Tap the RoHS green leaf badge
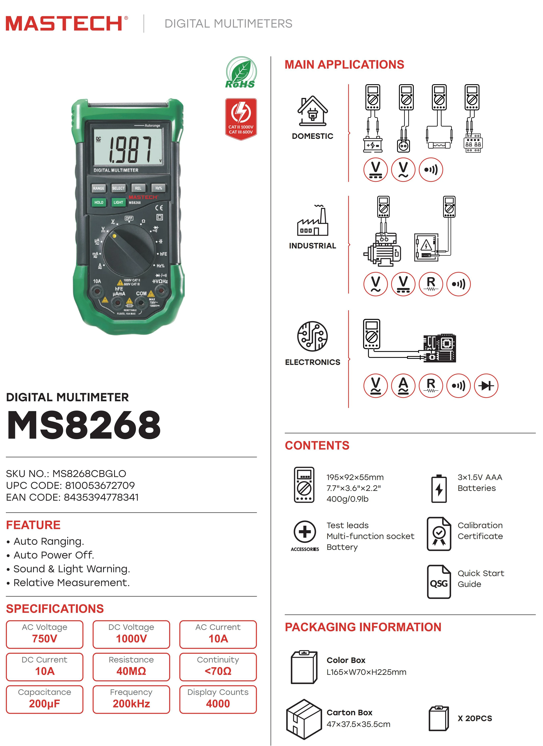[x=241, y=72]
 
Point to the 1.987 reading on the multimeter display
[x=130, y=150]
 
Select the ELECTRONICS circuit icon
[x=313, y=336]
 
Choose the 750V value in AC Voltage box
[x=45, y=639]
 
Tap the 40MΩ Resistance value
[x=131, y=671]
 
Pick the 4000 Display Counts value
[x=218, y=704]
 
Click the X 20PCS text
[x=475, y=718]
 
